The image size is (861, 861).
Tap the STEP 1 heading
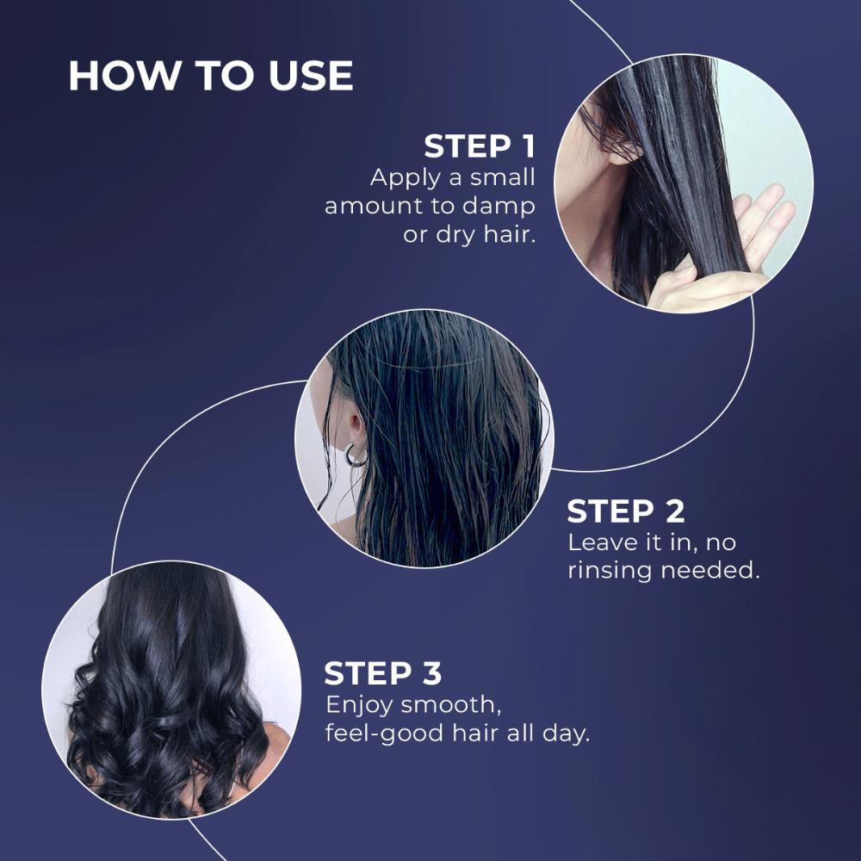coord(479,146)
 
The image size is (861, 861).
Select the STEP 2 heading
coord(626,511)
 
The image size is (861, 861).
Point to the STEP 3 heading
coord(383,673)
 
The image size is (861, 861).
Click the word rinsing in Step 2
coord(610,571)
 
